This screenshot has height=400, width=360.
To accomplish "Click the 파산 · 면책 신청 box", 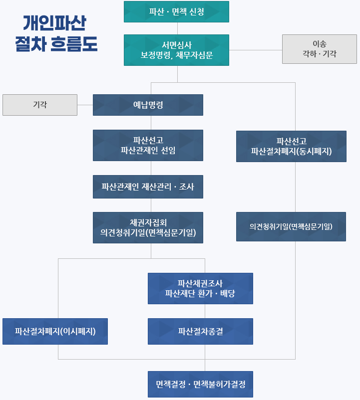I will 176,11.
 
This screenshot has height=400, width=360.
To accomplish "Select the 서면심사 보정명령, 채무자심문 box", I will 176,50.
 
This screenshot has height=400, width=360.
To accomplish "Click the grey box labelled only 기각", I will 40,105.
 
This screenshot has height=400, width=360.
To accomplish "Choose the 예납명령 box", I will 148,105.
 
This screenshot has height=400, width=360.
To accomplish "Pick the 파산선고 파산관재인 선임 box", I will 148,145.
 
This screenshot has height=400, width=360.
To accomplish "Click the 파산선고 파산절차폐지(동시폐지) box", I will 291,146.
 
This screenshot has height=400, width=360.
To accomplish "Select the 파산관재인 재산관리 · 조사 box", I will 148,187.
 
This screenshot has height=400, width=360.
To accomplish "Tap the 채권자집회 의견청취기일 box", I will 148,227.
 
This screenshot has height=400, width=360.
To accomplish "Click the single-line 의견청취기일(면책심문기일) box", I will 291,226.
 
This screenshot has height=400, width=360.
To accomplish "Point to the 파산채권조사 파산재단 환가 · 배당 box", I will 200,288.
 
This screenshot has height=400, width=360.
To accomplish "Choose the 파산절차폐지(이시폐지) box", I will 55,331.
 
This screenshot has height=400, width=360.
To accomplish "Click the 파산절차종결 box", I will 200,331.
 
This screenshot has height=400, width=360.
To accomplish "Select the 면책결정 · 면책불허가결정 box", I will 200,384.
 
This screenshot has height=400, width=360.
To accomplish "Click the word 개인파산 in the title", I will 55,23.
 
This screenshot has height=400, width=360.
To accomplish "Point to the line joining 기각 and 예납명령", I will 85,105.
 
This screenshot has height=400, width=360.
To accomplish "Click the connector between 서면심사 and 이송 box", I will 255,50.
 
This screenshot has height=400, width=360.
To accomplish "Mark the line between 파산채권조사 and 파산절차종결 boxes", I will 205,311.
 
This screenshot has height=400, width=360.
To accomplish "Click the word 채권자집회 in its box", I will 148,222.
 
